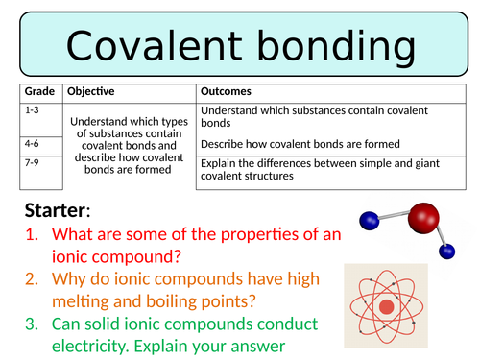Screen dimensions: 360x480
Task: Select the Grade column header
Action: pyautogui.click(x=38, y=92)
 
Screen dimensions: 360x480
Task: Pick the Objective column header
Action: pyautogui.click(x=91, y=92)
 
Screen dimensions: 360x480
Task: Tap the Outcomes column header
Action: pyautogui.click(x=227, y=92)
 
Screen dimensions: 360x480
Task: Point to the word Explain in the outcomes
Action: pyautogui.click(x=220, y=162)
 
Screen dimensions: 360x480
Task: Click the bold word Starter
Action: pyautogui.click(x=57, y=210)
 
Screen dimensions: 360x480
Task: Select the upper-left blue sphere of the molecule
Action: pyautogui.click(x=366, y=223)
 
